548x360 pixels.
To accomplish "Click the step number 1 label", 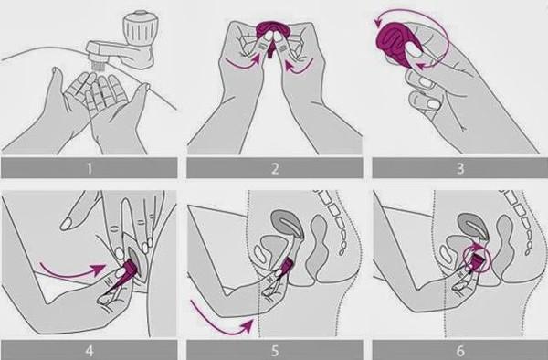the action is click(90, 169).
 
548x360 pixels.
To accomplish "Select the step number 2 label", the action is click(275, 169).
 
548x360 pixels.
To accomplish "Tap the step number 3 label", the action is click(460, 169).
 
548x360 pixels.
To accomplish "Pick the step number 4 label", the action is click(90, 351).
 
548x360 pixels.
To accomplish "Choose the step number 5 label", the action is click(275, 351).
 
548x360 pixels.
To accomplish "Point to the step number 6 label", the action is click(460, 351).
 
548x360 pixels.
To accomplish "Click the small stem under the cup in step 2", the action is click(271, 51).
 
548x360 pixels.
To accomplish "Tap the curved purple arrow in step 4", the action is click(71, 270).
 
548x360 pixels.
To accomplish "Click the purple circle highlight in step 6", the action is click(477, 259).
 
